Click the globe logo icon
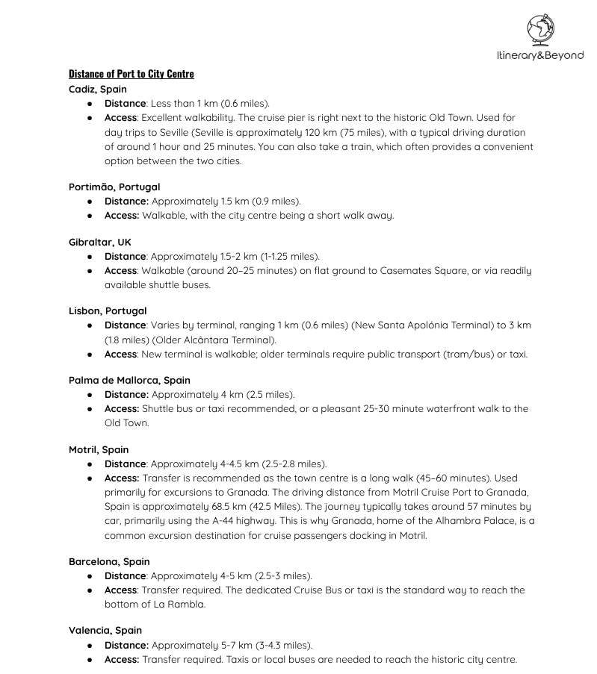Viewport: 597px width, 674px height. point(540,31)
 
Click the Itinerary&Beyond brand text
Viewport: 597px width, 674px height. point(539,55)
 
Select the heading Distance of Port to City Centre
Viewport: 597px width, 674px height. point(132,73)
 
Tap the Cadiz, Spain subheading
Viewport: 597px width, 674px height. point(98,89)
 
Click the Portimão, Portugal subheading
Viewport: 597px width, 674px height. point(114,187)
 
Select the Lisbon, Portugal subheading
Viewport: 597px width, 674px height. point(108,311)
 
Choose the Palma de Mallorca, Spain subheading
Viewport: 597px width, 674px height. point(130,380)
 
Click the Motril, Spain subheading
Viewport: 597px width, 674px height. point(99,449)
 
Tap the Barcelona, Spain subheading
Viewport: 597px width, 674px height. point(109,561)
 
